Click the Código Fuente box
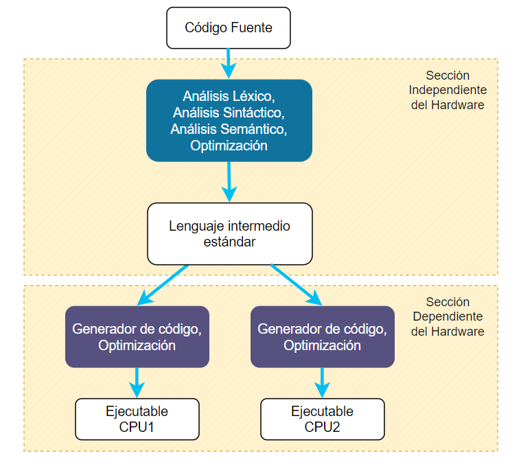229,28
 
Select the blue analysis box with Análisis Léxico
229,121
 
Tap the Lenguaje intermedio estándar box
229,234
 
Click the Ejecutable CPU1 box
137,419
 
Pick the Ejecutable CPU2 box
323,419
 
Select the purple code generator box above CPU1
137,336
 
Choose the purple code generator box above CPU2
323,336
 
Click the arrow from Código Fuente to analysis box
229,64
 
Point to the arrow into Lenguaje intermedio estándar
229,182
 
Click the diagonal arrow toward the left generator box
163,285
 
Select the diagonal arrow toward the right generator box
297,285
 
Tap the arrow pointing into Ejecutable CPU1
137,383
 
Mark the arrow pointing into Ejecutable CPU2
322,383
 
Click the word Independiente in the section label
448,90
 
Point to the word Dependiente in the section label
448,317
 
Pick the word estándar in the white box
229,242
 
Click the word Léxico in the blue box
253,96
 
